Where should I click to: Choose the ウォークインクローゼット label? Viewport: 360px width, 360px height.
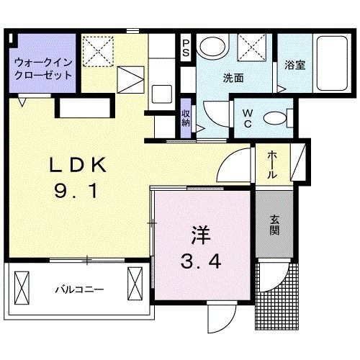pyautogui.click(x=42, y=68)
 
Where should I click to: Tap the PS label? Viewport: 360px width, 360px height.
pyautogui.click(x=186, y=49)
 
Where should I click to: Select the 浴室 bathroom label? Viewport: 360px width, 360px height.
pyautogui.click(x=294, y=65)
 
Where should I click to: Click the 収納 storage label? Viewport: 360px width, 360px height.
pyautogui.click(x=186, y=117)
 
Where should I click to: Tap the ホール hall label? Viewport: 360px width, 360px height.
pyautogui.click(x=273, y=165)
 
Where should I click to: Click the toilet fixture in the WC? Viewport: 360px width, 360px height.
pyautogui.click(x=276, y=117)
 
